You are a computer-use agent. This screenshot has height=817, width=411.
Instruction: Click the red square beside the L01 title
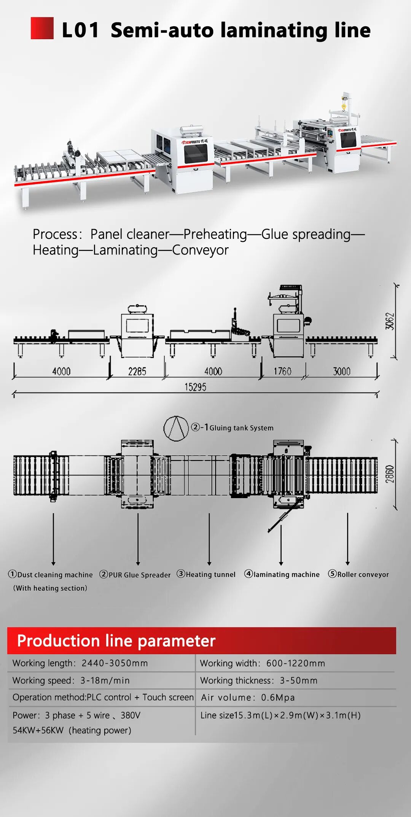click(42, 28)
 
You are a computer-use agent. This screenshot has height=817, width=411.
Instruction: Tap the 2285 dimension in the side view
click(137, 371)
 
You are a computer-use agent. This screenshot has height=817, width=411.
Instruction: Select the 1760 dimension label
click(282, 371)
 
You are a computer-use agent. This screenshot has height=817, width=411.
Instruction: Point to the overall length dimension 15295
click(195, 387)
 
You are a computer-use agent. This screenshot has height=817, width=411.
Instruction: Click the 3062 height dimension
click(390, 321)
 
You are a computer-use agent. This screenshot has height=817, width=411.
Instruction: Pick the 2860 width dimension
click(390, 474)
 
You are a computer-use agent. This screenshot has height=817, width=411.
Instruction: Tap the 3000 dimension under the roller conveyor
click(341, 371)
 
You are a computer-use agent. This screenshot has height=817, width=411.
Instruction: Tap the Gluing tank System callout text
click(241, 428)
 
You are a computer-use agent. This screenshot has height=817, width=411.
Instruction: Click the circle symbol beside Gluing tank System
click(176, 428)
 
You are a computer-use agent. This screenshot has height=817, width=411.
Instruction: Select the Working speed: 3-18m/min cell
click(71, 680)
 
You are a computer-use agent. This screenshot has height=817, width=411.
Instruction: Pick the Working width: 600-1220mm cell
click(263, 663)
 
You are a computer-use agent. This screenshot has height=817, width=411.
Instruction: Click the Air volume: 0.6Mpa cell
click(248, 698)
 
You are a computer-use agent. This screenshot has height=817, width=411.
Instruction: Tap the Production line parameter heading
click(116, 641)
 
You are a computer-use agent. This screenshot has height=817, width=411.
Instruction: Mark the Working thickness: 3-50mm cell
click(259, 680)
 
